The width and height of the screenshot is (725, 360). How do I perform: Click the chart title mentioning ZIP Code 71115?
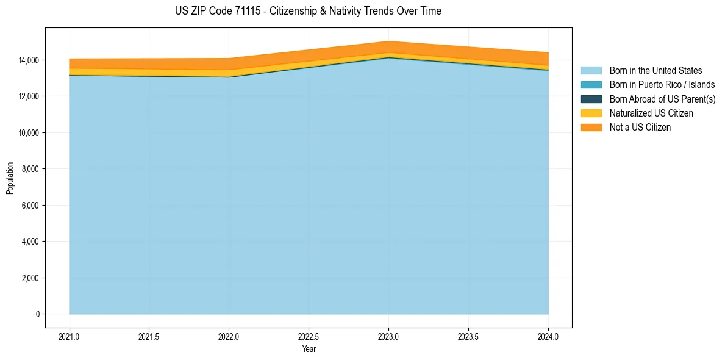308,11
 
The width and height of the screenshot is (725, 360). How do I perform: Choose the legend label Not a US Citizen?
640,128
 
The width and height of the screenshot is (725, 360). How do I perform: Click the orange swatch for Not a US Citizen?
591,128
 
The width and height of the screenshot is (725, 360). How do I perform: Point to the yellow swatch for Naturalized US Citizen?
591,113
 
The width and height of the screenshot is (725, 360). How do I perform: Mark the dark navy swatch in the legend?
591,99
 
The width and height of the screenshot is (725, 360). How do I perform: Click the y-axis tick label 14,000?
28,60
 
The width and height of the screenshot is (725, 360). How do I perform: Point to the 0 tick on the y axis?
37,314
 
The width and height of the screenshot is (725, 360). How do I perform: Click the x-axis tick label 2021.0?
70,336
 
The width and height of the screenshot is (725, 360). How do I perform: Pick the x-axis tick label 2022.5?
309,336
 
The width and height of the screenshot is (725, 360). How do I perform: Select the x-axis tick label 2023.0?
388,336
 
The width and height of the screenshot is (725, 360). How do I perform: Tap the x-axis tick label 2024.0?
548,336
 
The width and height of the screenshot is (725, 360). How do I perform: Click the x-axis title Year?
309,349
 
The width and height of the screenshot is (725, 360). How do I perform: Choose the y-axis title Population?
10,178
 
